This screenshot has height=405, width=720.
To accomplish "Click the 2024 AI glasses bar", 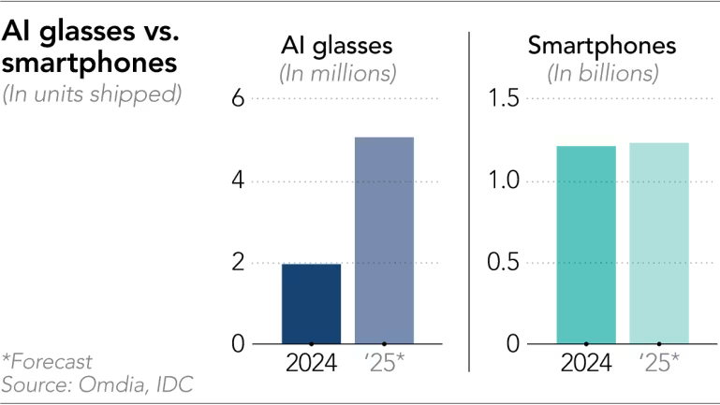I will pos(311,304).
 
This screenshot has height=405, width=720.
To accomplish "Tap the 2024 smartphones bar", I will pos(586,245).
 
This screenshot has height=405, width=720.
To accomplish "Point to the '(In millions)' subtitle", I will pos(338,72).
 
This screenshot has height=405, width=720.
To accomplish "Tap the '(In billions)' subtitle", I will pos(602,72).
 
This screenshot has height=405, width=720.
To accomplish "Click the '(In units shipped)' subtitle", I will pos(91,94).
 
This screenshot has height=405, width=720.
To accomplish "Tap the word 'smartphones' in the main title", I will pos(90,65).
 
